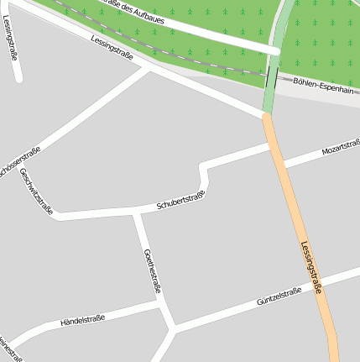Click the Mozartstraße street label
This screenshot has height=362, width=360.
pyautogui.click(x=341, y=149)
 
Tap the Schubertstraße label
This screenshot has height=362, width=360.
pyautogui.click(x=180, y=202)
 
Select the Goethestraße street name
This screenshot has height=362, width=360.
pyautogui.click(x=152, y=271)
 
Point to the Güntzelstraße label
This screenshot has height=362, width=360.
pyautogui.click(x=279, y=295)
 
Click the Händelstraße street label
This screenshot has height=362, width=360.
pyautogui.click(x=83, y=320)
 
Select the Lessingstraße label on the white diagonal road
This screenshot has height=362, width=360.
pyautogui.click(x=112, y=50)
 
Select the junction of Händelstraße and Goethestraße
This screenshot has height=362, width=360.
pyautogui.click(x=163, y=305)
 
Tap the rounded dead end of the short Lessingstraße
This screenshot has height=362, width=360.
pyautogui.click(x=18, y=79)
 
